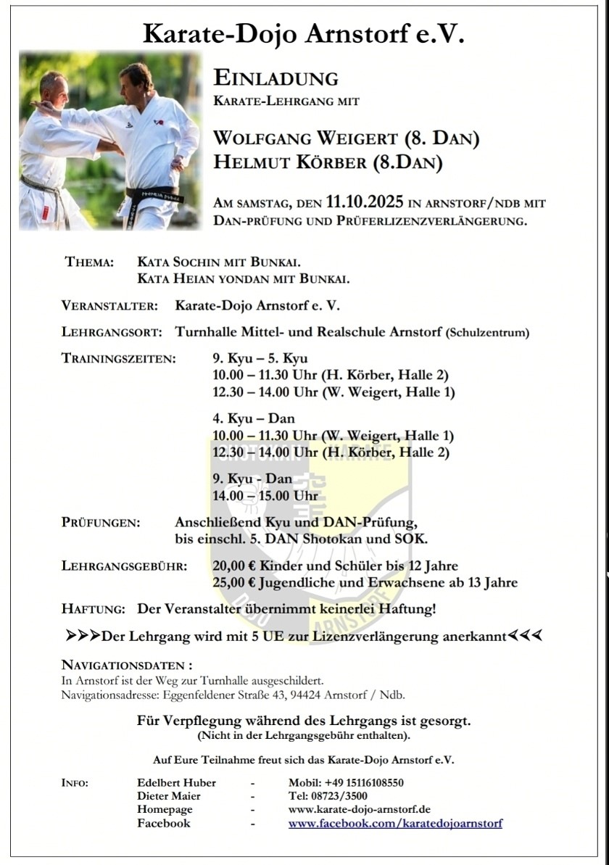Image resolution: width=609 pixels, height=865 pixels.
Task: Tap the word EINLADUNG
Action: coord(275,78)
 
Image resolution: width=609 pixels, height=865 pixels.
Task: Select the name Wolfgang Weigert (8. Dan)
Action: coord(347,138)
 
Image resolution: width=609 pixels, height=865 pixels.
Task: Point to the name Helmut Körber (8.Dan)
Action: coord(328,162)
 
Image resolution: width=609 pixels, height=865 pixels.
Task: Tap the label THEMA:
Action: coord(89,262)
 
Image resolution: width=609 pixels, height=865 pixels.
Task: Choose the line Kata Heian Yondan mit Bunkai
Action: coord(244,278)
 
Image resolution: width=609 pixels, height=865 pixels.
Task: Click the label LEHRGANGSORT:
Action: coord(109,333)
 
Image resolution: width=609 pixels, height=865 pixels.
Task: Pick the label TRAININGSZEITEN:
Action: coord(119,359)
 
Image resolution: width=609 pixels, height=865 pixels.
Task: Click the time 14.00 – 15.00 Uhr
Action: coord(265,496)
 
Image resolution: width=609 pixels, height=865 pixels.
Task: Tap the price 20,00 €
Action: coord(236,566)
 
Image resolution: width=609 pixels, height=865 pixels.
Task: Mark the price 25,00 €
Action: coord(236,583)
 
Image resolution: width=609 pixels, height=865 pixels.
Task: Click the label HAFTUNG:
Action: coord(94,610)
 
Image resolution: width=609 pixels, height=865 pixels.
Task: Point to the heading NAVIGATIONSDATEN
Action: coord(127,666)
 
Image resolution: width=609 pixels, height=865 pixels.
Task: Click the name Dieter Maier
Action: coord(169,796)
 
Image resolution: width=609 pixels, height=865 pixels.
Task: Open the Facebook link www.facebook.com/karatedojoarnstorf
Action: coord(395,824)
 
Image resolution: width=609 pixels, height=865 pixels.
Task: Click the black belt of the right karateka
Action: coord(155,195)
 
